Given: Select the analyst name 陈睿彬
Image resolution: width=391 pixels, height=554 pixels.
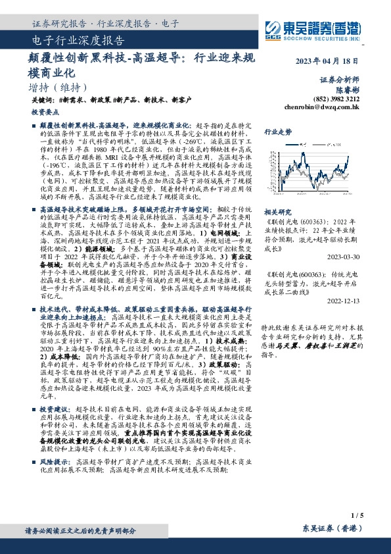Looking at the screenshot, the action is coord(348,88).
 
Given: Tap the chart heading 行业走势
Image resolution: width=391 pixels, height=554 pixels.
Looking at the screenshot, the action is coord(278,132).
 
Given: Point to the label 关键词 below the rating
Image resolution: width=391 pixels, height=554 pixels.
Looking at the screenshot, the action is coord(41,100).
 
